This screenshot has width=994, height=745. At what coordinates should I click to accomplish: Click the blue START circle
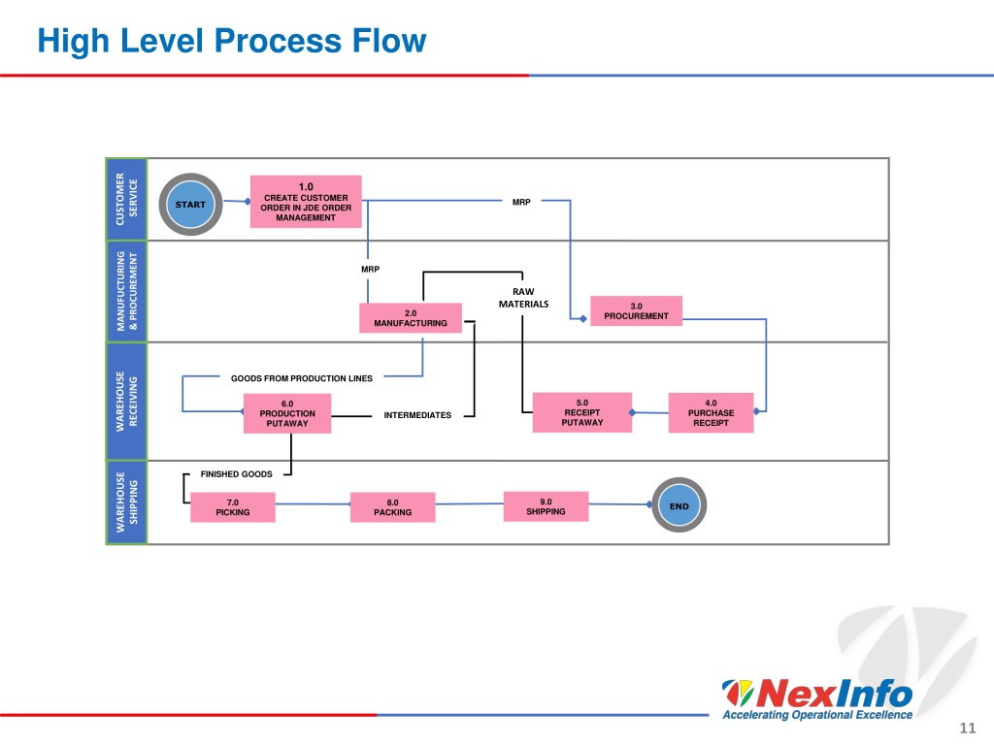(190, 204)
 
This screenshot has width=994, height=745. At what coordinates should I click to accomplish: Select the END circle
(679, 504)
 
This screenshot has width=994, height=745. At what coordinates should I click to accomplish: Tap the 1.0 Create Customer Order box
(306, 202)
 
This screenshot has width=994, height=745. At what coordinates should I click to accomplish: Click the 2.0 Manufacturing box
(411, 318)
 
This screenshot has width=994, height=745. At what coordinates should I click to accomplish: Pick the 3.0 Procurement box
(636, 311)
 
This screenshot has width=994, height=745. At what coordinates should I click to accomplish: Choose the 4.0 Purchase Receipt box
(711, 412)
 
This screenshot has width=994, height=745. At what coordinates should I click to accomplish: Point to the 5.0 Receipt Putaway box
(582, 412)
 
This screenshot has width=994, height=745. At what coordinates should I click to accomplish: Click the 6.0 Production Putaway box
(287, 413)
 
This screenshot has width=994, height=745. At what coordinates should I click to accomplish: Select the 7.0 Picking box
(233, 507)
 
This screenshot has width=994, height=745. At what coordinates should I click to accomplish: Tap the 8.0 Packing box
(392, 507)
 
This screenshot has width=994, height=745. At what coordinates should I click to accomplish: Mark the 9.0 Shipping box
(546, 506)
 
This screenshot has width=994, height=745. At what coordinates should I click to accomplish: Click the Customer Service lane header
(126, 199)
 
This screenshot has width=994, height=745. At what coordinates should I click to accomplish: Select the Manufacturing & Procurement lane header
(126, 291)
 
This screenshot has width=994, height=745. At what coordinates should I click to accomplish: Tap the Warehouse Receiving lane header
(126, 402)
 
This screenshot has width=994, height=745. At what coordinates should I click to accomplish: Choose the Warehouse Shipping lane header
(126, 502)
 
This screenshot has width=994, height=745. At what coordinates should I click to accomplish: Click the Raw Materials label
(523, 298)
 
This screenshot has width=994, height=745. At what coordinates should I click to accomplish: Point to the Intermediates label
(417, 415)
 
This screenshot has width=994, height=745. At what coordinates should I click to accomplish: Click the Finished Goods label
(237, 473)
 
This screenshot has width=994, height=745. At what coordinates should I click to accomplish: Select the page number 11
(968, 728)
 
